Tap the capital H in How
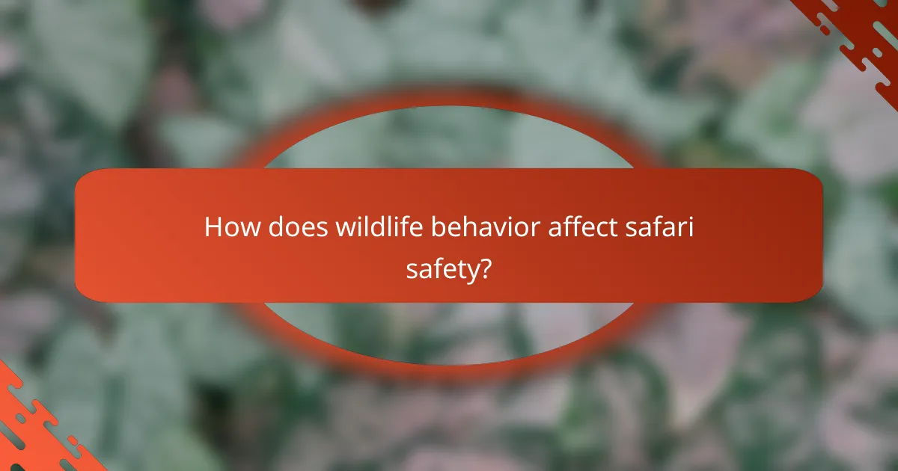click(x=213, y=227)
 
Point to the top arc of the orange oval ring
click(x=449, y=98)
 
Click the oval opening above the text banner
click(x=449, y=138)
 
